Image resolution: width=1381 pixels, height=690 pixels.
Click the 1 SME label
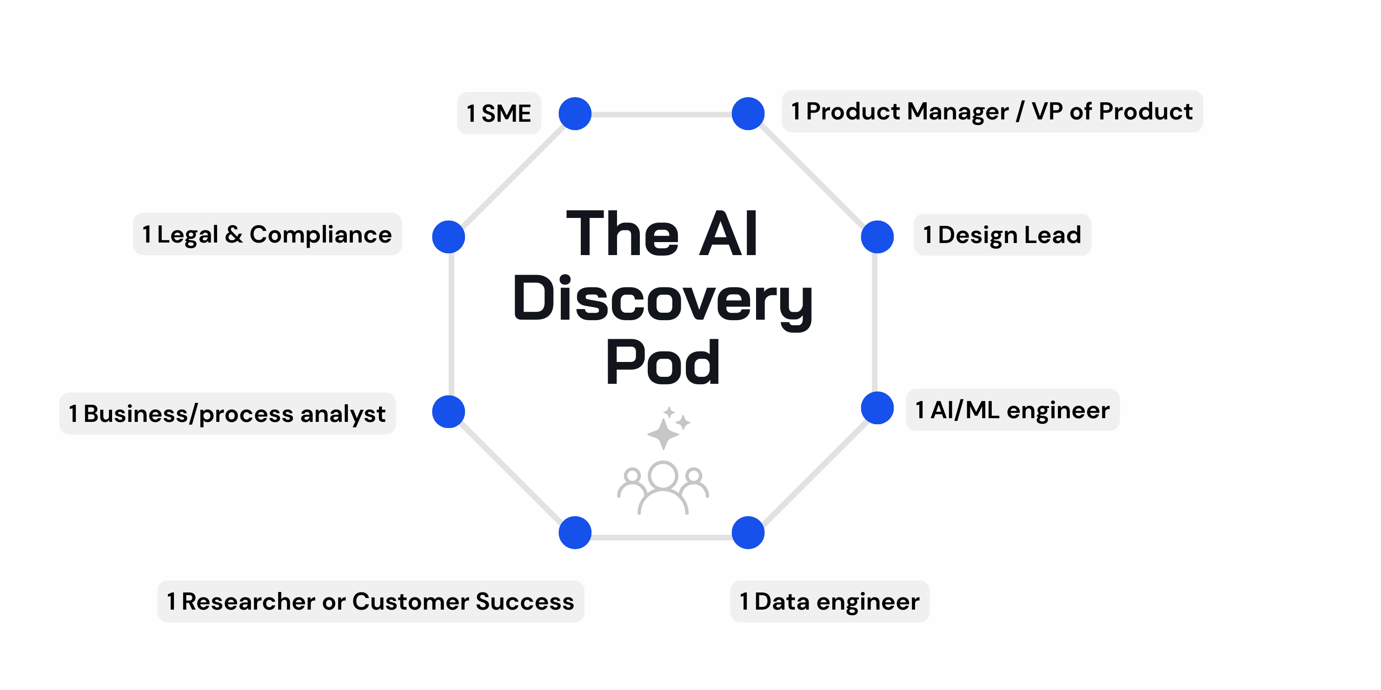pyautogui.click(x=498, y=113)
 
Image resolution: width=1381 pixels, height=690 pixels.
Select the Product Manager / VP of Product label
pyautogui.click(x=992, y=112)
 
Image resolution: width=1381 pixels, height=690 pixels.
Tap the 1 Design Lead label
pyautogui.click(x=1002, y=235)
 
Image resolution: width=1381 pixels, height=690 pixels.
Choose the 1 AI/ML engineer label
pyautogui.click(x=1012, y=410)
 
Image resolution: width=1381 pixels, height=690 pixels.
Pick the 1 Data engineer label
pyautogui.click(x=830, y=601)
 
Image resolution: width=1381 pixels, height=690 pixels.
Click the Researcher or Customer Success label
pyautogui.click(x=371, y=601)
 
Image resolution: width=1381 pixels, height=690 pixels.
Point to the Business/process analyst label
pyautogui.click(x=227, y=414)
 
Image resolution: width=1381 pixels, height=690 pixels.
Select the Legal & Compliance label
pyautogui.click(x=267, y=234)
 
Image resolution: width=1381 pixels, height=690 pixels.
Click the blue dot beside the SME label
pyautogui.click(x=575, y=113)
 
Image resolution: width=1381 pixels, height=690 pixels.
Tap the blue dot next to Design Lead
pyautogui.click(x=877, y=237)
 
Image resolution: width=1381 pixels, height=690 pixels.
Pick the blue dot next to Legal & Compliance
pyautogui.click(x=448, y=237)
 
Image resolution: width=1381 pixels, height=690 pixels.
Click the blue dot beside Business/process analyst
pyautogui.click(x=448, y=411)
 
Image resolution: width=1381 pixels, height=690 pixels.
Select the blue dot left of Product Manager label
pyautogui.click(x=748, y=113)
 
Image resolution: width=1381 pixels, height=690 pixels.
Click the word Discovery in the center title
pyautogui.click(x=663, y=298)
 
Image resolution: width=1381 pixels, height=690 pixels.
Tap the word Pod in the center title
pyautogui.click(x=663, y=363)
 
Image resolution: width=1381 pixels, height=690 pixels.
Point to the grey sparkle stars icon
pyautogui.click(x=667, y=427)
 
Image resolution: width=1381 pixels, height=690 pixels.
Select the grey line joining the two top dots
pyautogui.click(x=662, y=114)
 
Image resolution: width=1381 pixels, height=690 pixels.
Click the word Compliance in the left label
pyautogui.click(x=320, y=234)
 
